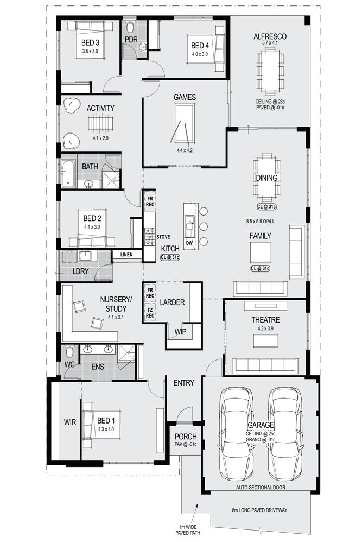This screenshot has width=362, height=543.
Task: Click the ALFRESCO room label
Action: coord(270,36)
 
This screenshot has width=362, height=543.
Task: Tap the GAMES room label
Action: coord(185,97)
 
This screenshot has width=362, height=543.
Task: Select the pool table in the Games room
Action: coord(184,124)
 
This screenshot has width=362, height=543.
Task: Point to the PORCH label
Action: coord(185,437)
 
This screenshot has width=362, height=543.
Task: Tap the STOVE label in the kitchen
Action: coord(163,237)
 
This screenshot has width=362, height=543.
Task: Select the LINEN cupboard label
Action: coord(127,254)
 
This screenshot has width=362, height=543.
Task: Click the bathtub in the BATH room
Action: coord(69,174)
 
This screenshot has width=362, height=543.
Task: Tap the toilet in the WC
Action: coord(69,351)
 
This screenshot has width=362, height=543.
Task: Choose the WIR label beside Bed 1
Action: coord(70,422)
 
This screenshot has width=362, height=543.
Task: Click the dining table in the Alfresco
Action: coord(269,70)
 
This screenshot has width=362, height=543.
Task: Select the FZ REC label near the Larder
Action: coord(150,312)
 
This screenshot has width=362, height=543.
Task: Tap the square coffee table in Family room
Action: coord(260,251)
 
